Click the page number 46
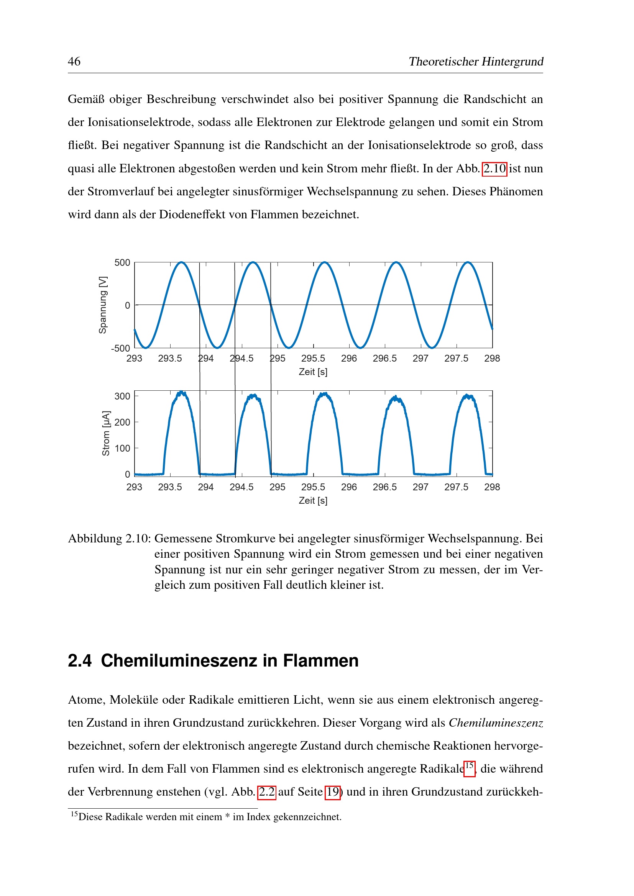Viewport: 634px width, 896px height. (x=74, y=61)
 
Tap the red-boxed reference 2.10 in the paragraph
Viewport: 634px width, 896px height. (x=494, y=169)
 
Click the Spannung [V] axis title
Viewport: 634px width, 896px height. (x=103, y=305)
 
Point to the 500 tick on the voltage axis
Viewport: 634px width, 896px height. (x=122, y=263)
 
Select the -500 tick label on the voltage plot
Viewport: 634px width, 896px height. (x=121, y=348)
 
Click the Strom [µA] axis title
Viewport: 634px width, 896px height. (x=106, y=433)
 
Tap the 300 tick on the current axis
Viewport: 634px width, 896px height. (x=122, y=396)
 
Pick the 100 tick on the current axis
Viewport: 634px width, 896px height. (x=122, y=449)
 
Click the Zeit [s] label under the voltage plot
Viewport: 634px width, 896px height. (x=313, y=372)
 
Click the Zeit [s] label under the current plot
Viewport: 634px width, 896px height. (x=313, y=500)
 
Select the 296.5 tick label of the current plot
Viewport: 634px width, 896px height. (x=384, y=487)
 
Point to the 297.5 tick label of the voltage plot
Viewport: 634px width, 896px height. (x=456, y=358)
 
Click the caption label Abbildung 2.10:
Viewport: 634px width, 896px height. (x=109, y=539)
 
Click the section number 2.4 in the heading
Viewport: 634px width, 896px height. (x=80, y=661)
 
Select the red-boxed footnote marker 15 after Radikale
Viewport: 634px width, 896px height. (x=469, y=766)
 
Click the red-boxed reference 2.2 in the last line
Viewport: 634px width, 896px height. (x=267, y=792)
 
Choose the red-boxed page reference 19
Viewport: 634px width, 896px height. (x=333, y=792)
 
